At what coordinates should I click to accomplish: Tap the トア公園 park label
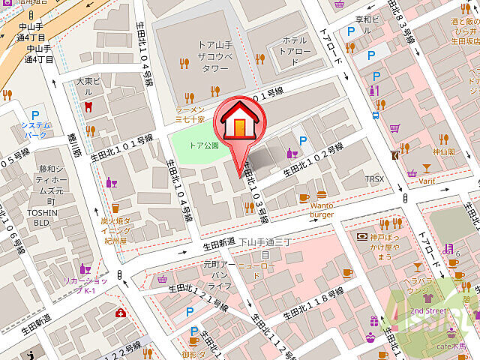click(204, 146)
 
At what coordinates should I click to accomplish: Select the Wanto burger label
click(321, 209)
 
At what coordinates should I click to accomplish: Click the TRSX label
click(374, 179)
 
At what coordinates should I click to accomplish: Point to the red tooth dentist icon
click(88, 106)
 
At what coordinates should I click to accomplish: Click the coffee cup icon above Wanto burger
click(304, 198)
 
